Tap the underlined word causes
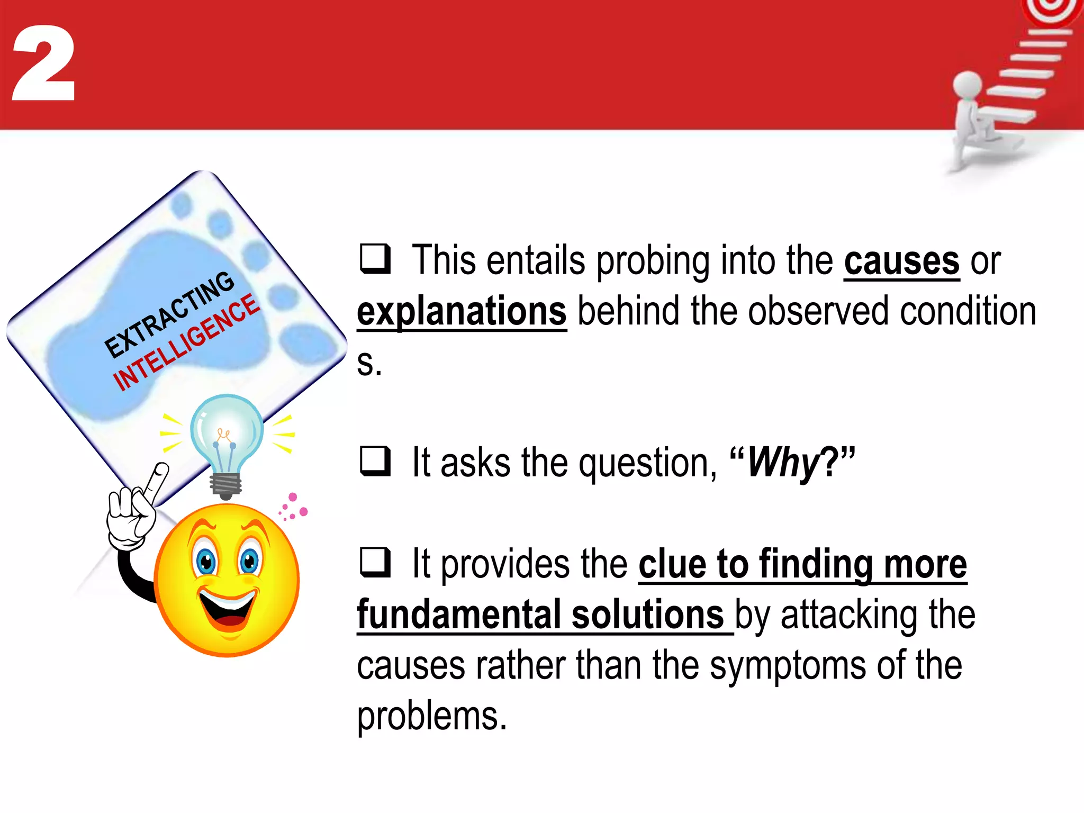(901, 261)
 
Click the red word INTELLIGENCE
(186, 343)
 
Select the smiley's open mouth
(228, 609)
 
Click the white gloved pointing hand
(132, 513)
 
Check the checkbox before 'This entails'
(375, 258)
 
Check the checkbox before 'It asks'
(375, 460)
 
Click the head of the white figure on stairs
(967, 85)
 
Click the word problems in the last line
(431, 716)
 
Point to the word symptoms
(788, 665)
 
